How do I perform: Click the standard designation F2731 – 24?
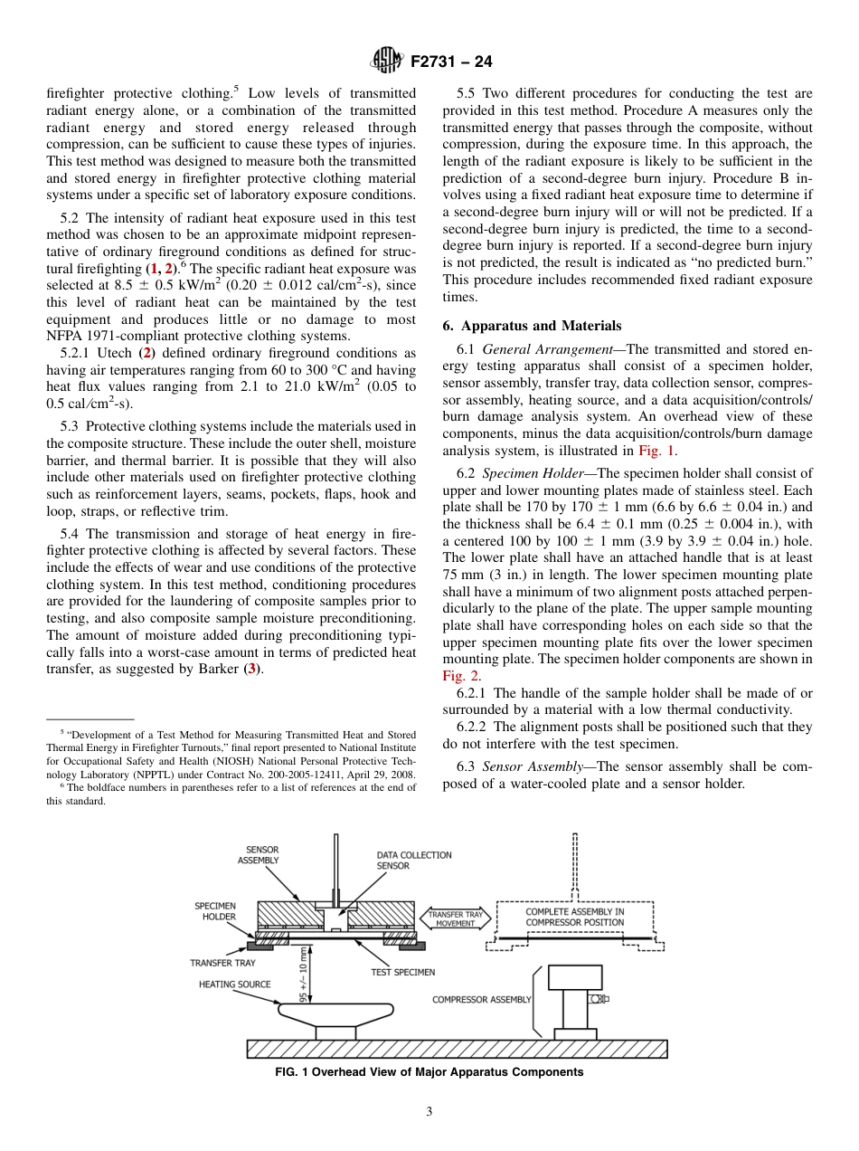point(451,62)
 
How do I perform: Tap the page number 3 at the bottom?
point(429,1112)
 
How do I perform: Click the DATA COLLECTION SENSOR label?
point(414,861)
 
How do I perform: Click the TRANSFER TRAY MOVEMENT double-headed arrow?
point(457,919)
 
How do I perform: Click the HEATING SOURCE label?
point(234,985)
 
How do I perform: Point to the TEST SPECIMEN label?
point(402,972)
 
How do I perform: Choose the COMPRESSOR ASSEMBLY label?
point(481,1000)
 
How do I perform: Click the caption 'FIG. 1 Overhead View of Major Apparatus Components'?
point(429,1072)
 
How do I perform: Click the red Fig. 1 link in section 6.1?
point(657,451)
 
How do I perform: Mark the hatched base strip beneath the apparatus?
point(457,1049)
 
